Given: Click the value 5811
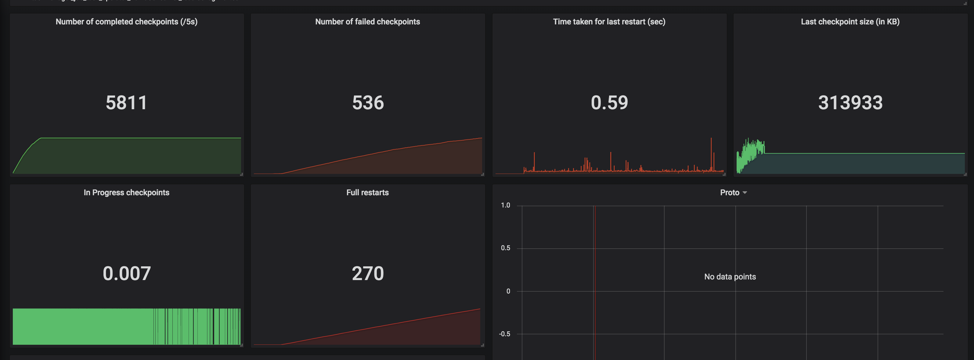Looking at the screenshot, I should [x=126, y=103].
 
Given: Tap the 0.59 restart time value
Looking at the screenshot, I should [x=609, y=103].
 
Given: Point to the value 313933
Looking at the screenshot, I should [x=850, y=103].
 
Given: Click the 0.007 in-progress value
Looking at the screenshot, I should [x=127, y=273].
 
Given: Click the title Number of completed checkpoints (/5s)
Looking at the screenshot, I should [x=126, y=22].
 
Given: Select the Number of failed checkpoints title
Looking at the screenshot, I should [x=367, y=22].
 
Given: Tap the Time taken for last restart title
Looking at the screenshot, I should [x=609, y=22].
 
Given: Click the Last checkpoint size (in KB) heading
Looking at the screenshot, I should [x=850, y=22].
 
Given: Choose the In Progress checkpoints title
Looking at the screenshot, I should [x=126, y=193].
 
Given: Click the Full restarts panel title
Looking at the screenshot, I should [x=367, y=193].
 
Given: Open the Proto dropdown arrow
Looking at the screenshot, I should [x=745, y=193].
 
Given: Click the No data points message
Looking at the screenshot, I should [x=730, y=277].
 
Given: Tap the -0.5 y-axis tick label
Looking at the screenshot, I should [x=504, y=334].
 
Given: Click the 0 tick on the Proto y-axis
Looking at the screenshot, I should [x=508, y=291].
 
